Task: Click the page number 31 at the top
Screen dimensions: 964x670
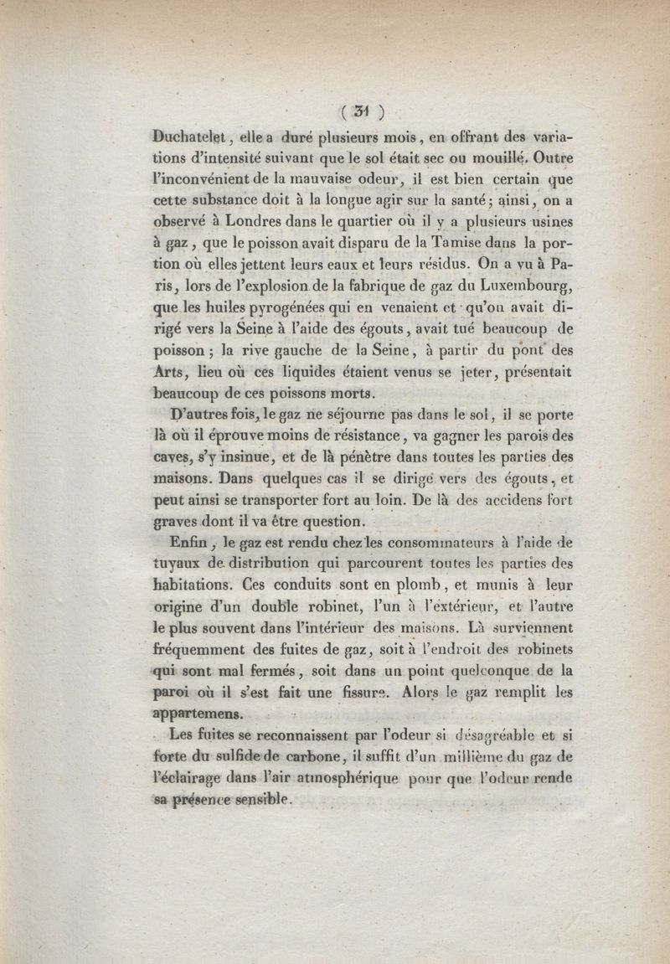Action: (362, 110)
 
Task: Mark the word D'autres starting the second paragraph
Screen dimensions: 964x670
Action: (201, 415)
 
